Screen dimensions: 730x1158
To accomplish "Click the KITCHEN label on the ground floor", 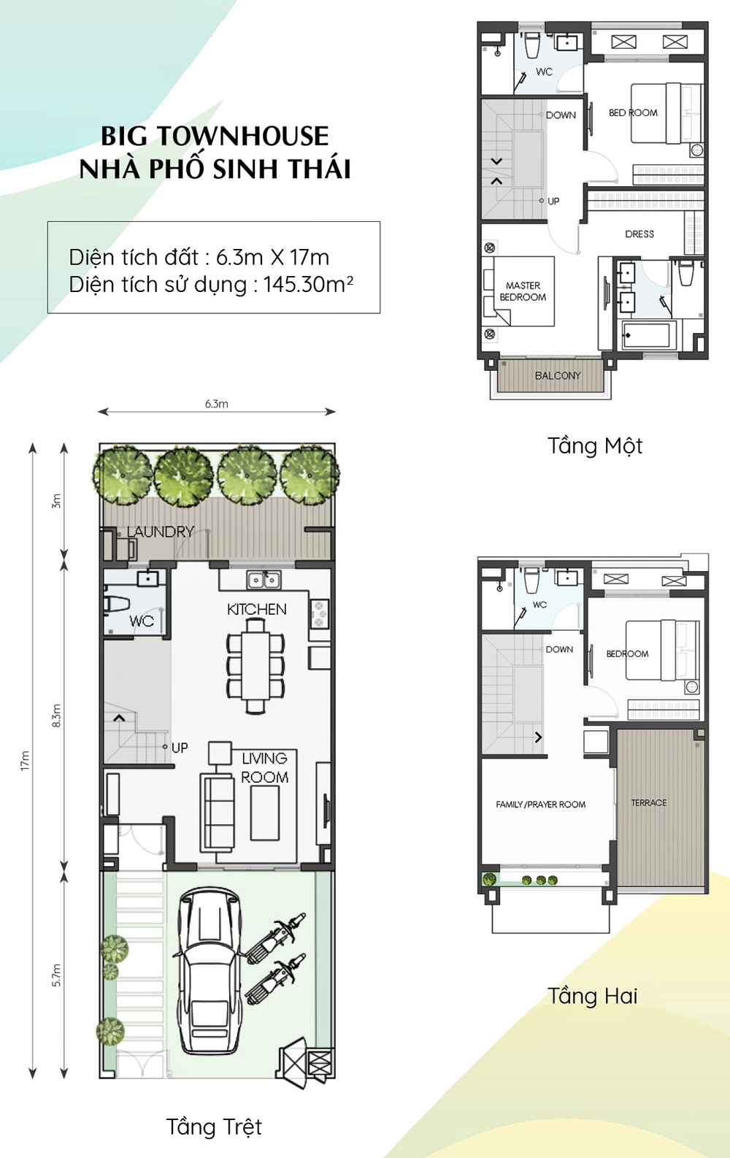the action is pyautogui.click(x=256, y=609).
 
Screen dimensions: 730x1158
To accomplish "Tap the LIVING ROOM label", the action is pyautogui.click(x=265, y=767).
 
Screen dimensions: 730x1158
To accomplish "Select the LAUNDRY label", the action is pyautogui.click(x=161, y=532).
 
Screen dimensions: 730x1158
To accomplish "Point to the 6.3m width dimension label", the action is pyautogui.click(x=217, y=404).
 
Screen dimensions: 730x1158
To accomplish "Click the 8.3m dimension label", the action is pyautogui.click(x=56, y=716).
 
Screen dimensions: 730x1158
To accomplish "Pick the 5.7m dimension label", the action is pyautogui.click(x=56, y=975).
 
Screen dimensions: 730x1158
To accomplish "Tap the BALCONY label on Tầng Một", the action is pyautogui.click(x=558, y=376).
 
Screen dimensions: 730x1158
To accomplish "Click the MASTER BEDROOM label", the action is pyautogui.click(x=523, y=291).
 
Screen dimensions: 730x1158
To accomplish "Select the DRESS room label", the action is pyautogui.click(x=639, y=234).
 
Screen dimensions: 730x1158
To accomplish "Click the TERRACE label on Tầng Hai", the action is pyautogui.click(x=649, y=803).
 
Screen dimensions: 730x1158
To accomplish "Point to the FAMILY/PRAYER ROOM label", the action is pyautogui.click(x=541, y=805).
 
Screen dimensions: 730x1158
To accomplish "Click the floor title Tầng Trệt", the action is pyautogui.click(x=214, y=1127).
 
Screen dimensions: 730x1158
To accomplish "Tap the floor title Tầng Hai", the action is pyautogui.click(x=593, y=996).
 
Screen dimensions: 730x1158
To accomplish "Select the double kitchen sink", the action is pyautogui.click(x=264, y=580).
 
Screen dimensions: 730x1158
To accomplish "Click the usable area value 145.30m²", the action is pyautogui.click(x=308, y=284).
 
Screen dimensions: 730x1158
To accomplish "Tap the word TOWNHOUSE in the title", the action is pyautogui.click(x=242, y=136).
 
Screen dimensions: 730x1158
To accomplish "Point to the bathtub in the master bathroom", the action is pyautogui.click(x=646, y=336).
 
